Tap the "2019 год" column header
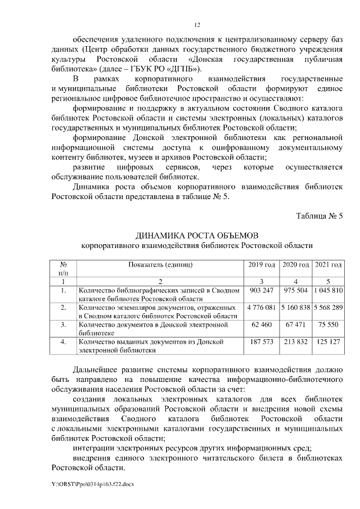[261, 264]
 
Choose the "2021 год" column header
[329, 264]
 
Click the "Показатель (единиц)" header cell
[160, 264]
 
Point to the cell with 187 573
[261, 342]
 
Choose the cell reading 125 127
[329, 342]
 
